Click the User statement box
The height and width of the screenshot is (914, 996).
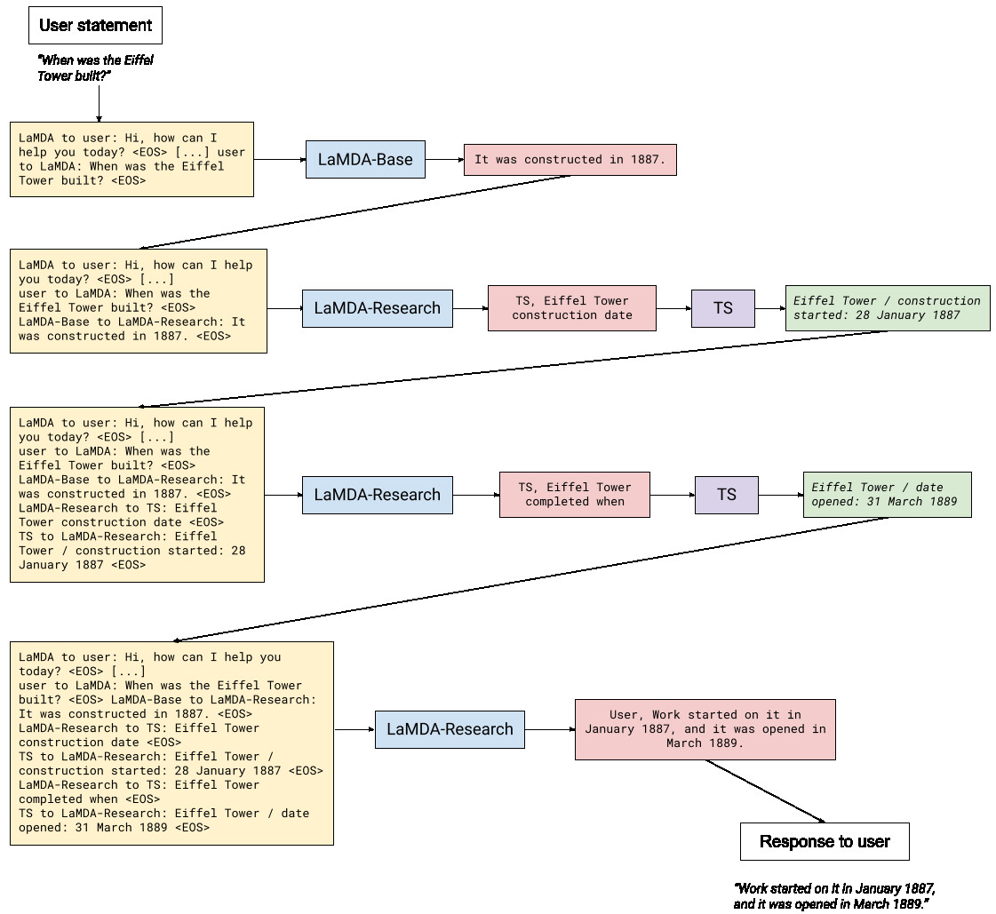click(95, 26)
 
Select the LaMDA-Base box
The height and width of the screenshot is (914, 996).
click(365, 159)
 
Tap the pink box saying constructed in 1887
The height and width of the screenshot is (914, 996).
click(570, 159)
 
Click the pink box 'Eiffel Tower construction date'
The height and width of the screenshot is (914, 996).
click(571, 308)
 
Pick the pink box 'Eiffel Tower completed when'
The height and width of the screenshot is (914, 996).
click(575, 495)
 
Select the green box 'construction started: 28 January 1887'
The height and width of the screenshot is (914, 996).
click(888, 308)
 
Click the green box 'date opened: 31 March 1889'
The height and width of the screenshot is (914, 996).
click(888, 495)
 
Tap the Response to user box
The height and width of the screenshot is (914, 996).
click(825, 841)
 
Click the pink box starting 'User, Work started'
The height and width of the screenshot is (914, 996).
click(705, 729)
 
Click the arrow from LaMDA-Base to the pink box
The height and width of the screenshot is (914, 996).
click(444, 159)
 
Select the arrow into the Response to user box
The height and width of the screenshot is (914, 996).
click(765, 791)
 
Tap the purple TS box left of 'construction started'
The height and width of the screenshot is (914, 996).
click(723, 308)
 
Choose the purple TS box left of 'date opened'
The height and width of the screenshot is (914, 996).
click(727, 495)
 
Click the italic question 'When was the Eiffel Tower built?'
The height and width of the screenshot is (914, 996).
click(95, 68)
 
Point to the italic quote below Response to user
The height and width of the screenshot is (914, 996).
click(834, 896)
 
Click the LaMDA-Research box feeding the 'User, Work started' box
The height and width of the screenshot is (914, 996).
click(450, 729)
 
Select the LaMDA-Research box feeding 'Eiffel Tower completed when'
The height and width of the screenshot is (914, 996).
click(378, 495)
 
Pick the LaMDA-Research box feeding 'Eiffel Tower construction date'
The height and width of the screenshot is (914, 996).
click(378, 308)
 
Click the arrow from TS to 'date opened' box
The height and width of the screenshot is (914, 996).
click(781, 495)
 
